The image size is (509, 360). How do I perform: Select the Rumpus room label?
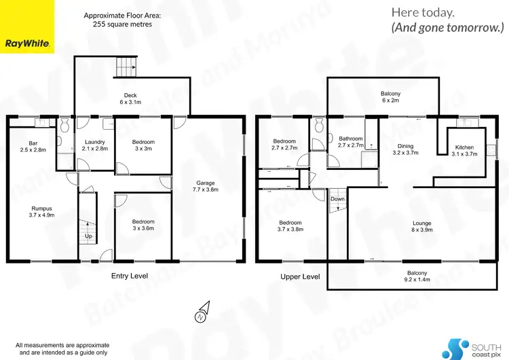(42, 209)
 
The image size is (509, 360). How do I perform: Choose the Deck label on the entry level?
(131, 95)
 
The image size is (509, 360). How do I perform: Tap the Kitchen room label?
(464, 147)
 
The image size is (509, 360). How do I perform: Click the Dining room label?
(406, 146)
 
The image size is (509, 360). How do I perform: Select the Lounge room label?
(422, 223)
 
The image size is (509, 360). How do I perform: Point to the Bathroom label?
(352, 139)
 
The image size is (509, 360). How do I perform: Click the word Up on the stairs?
(88, 236)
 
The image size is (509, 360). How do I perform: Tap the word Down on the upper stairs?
(337, 199)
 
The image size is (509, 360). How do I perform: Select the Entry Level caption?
(129, 276)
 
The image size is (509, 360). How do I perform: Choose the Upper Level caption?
(300, 276)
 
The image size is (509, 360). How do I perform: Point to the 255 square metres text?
(117, 24)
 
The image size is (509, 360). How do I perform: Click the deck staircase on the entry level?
(126, 67)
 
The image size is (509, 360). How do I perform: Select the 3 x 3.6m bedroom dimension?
(143, 228)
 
